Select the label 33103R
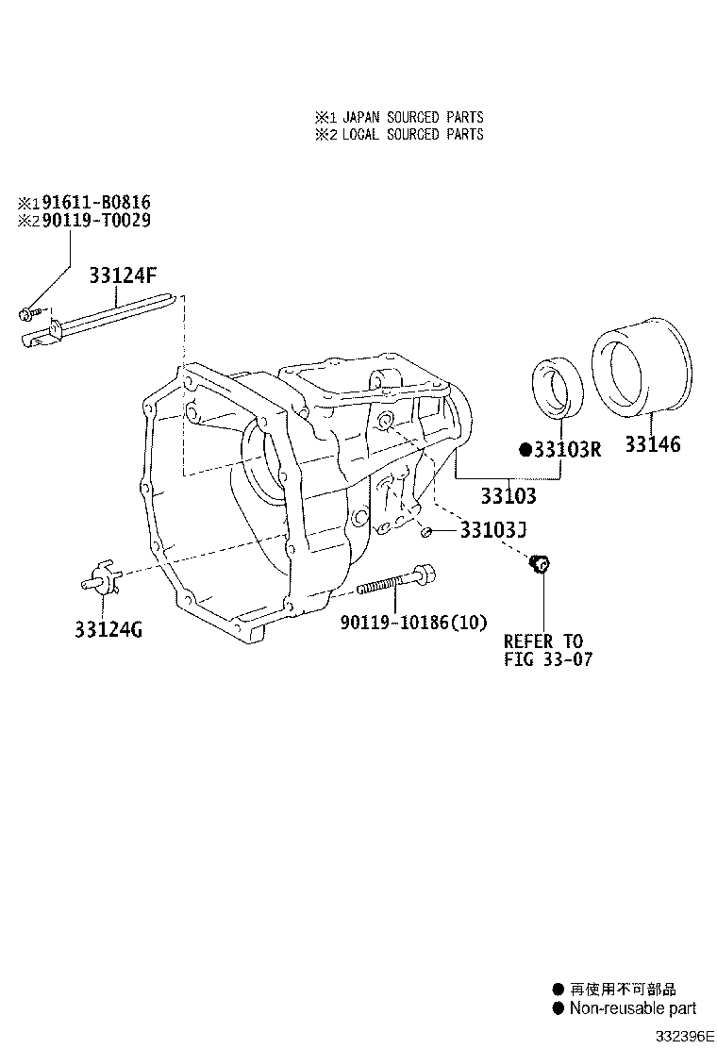pyautogui.click(x=566, y=449)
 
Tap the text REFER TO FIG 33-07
pyautogui.click(x=548, y=650)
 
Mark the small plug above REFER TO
pyautogui.click(x=542, y=564)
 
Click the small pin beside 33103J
pyautogui.click(x=427, y=533)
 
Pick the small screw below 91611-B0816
pyautogui.click(x=28, y=312)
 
